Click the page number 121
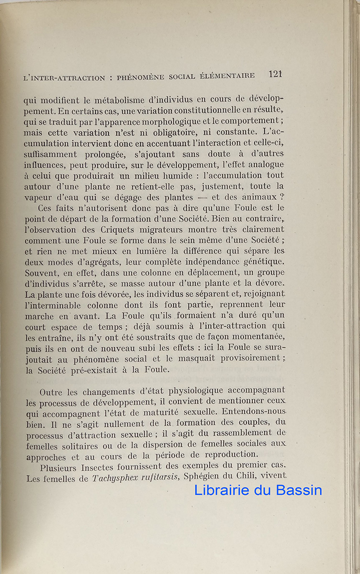(x=275, y=74)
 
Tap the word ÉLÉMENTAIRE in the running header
(x=225, y=76)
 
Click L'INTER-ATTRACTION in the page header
(x=64, y=77)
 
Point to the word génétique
(x=262, y=262)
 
